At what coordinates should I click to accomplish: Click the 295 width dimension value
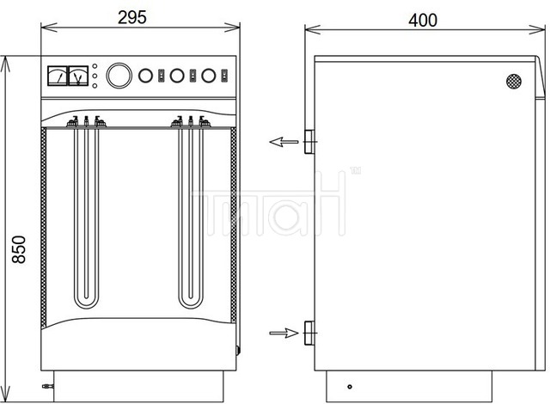click(131, 17)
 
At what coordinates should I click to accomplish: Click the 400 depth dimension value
click(423, 21)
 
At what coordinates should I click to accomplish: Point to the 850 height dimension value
click(19, 249)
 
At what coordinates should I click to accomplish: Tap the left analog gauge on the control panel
click(58, 76)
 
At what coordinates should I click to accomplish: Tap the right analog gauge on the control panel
click(78, 76)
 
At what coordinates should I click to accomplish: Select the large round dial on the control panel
click(119, 76)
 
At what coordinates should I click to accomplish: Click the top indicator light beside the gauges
click(95, 66)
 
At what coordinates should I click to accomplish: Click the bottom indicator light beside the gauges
click(95, 86)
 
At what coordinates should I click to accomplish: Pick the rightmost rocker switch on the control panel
click(224, 76)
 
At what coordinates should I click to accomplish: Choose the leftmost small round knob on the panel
click(145, 76)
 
